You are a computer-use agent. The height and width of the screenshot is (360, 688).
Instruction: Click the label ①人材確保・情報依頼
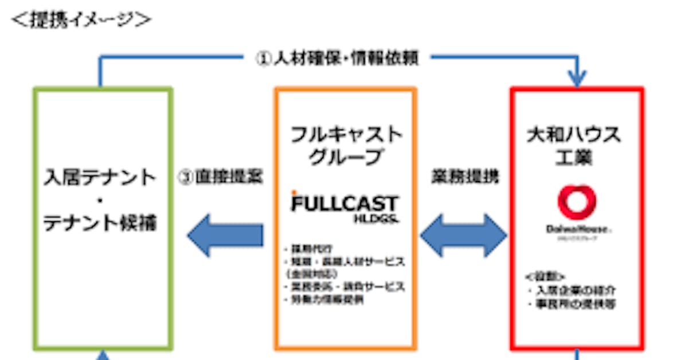337,58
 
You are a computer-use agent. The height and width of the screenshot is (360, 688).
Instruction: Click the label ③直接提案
221,177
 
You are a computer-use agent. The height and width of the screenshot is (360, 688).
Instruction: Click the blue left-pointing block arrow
225,235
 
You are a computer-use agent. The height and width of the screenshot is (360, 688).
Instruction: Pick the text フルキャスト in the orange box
346,135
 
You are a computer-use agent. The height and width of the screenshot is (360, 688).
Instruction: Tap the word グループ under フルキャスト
346,156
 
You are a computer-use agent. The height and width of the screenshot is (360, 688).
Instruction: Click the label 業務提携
464,177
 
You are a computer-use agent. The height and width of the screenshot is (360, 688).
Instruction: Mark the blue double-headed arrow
464,235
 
